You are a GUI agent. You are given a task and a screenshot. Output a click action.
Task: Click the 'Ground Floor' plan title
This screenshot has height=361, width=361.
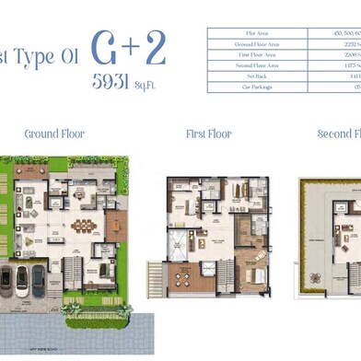pyautogui.click(x=54, y=134)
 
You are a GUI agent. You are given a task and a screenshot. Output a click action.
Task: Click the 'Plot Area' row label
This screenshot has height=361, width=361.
pyautogui.click(x=250, y=33)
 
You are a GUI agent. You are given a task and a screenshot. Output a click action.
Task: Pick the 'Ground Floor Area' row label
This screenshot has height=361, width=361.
pyautogui.click(x=250, y=44)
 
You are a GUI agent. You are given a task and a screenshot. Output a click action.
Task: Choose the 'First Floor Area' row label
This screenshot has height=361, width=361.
pyautogui.click(x=250, y=54)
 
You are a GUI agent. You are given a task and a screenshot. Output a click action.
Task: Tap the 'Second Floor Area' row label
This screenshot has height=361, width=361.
pyautogui.click(x=250, y=65)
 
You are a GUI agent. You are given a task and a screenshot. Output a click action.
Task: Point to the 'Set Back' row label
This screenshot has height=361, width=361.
pyautogui.click(x=250, y=76)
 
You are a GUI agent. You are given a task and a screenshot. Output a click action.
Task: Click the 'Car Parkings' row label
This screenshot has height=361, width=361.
pyautogui.click(x=250, y=87)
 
